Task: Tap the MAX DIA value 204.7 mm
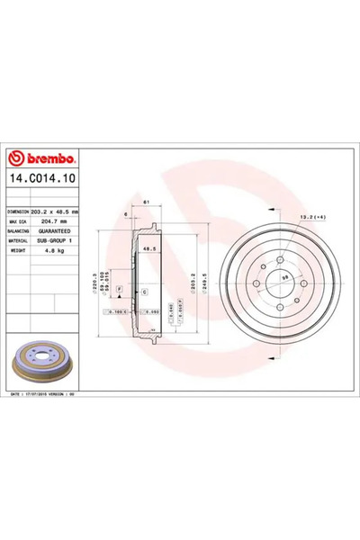pos(54,220)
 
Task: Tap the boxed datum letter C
pos(144,293)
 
